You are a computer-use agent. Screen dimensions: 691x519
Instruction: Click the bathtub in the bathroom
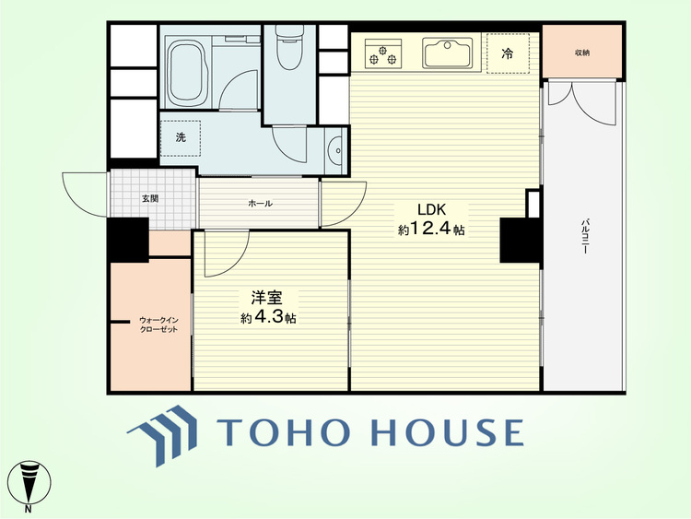click(188, 73)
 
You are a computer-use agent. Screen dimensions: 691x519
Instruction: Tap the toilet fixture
click(288, 48)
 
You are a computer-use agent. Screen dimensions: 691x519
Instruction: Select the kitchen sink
click(446, 53)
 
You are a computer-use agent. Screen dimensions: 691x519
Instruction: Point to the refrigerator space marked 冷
click(508, 53)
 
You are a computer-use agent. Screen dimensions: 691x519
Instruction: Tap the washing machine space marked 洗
click(181, 137)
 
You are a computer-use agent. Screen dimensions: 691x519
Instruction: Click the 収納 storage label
click(582, 53)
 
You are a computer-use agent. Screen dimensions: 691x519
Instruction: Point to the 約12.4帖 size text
click(432, 229)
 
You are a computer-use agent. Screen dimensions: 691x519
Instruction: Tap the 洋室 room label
click(267, 298)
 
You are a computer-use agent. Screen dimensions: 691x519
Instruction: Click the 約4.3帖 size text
click(268, 317)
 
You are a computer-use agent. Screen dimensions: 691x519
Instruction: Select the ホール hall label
click(260, 204)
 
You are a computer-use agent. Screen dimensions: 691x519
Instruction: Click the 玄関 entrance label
click(150, 198)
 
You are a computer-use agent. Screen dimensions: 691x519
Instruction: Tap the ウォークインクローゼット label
click(158, 324)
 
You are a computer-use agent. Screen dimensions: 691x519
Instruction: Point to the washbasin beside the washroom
click(336, 151)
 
